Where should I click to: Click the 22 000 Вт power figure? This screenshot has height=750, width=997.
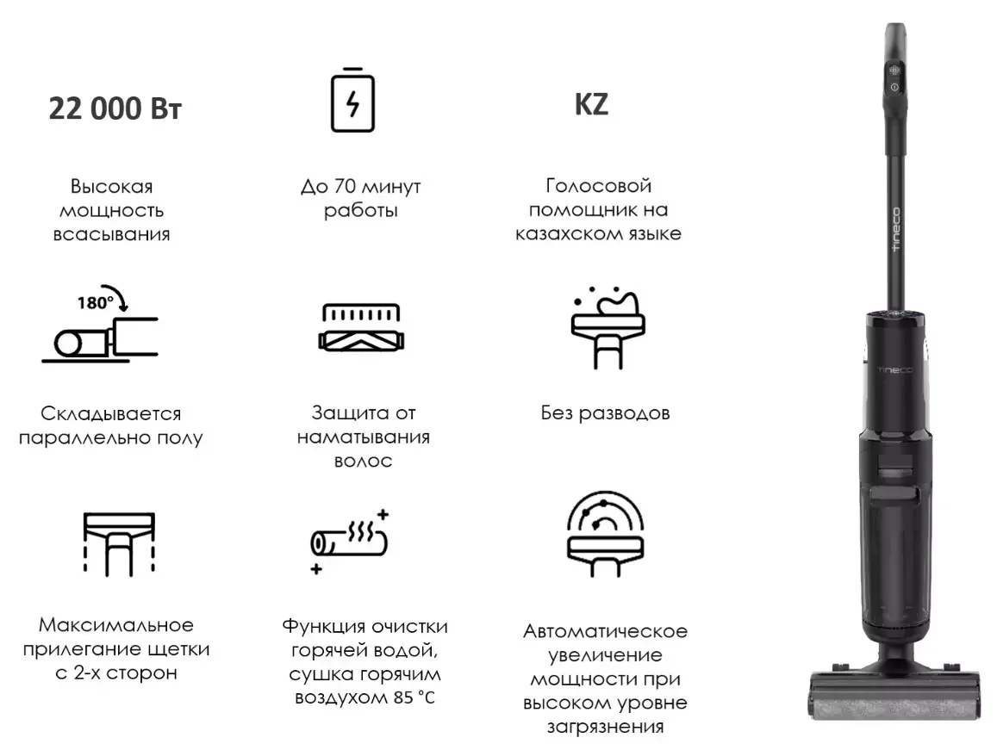pyautogui.click(x=115, y=109)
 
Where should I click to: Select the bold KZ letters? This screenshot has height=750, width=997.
pyautogui.click(x=591, y=105)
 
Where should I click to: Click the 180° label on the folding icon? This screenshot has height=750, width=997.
pyautogui.click(x=95, y=303)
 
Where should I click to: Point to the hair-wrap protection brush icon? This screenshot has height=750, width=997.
pyautogui.click(x=360, y=327)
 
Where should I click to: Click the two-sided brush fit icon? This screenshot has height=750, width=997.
pyautogui.click(x=119, y=542)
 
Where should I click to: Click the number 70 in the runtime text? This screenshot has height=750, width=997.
pyautogui.click(x=338, y=187)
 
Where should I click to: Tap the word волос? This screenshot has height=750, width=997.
pyautogui.click(x=363, y=461)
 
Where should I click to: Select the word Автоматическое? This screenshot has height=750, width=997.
pyautogui.click(x=605, y=631)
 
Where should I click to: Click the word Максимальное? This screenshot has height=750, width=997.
pyautogui.click(x=116, y=624)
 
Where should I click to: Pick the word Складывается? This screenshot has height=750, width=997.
pyautogui.click(x=111, y=414)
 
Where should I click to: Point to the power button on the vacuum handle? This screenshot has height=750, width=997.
pyautogui.click(x=894, y=87)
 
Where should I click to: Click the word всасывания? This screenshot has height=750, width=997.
pyautogui.click(x=111, y=234)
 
